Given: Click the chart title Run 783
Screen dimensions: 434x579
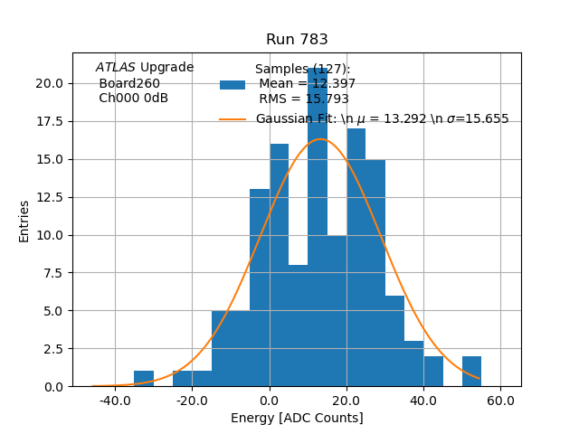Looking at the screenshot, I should pyautogui.click(x=297, y=40).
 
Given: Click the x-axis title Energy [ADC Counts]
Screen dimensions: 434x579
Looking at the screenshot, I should pyautogui.click(x=297, y=418).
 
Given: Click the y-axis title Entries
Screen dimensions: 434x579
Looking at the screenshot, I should pyautogui.click(x=24, y=221).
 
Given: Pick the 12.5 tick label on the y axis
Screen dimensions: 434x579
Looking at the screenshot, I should pyautogui.click(x=49, y=197).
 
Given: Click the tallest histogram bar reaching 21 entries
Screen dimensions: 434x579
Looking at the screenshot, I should pyautogui.click(x=318, y=226).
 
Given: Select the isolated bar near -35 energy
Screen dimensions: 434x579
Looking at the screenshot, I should pyautogui.click(x=144, y=379).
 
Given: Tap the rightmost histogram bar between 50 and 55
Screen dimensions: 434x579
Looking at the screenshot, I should pyautogui.click(x=471, y=372).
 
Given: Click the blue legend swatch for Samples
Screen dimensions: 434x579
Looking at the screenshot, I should pyautogui.click(x=233, y=85).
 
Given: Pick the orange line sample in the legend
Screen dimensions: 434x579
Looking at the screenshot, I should pyautogui.click(x=233, y=118).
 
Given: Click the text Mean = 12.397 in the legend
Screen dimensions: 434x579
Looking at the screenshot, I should pyautogui.click(x=308, y=84).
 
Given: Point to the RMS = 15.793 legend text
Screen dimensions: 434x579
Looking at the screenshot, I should pyautogui.click(x=304, y=99).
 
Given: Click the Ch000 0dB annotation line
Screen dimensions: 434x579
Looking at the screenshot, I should pyautogui.click(x=133, y=99).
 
